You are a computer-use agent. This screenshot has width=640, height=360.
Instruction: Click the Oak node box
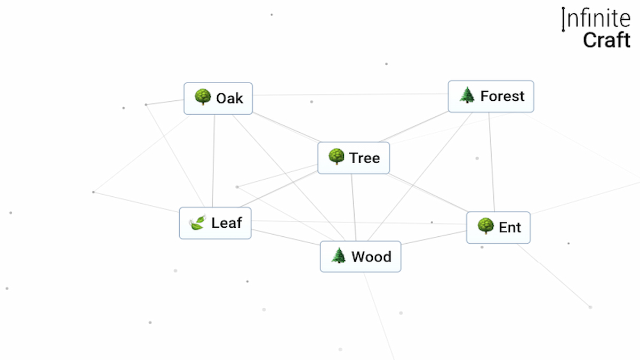[x=218, y=98]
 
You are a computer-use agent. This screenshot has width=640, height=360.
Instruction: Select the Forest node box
[x=491, y=97]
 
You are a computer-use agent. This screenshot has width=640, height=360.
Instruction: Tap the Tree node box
[x=354, y=158]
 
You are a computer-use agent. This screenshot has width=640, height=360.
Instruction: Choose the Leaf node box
[x=215, y=223]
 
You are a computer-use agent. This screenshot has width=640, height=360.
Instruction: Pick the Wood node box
[x=360, y=257]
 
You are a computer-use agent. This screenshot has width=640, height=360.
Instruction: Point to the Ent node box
[x=498, y=228]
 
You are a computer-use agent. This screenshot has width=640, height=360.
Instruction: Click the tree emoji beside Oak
[x=203, y=98]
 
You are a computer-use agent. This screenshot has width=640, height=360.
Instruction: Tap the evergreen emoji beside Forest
[x=467, y=96]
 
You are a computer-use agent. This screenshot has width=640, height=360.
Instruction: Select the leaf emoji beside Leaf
[x=197, y=223]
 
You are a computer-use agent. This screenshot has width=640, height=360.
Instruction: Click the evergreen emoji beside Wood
[x=338, y=257]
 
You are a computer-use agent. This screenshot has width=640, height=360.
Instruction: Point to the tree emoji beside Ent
[x=485, y=227]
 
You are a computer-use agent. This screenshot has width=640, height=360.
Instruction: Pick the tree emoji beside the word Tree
[x=336, y=157]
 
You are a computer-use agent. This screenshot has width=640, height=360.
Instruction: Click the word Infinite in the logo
[x=596, y=19]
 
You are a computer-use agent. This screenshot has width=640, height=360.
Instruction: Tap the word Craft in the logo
[x=606, y=40]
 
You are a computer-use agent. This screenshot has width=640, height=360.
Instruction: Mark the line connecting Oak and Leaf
[x=214, y=160]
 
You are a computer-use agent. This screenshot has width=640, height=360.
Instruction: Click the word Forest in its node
[x=502, y=97]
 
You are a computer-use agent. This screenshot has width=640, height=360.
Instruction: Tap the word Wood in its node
[x=371, y=257]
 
